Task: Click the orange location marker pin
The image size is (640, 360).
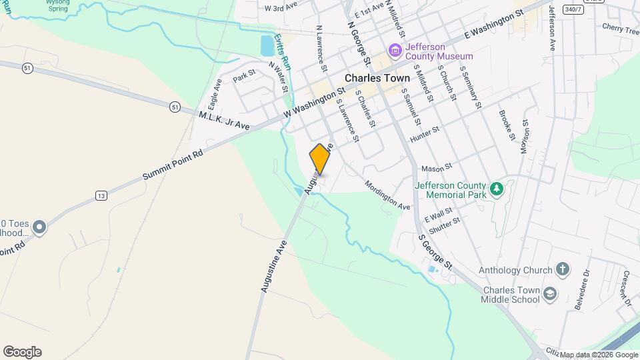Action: [x=320, y=159]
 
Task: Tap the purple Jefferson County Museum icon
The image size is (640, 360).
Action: [x=395, y=50]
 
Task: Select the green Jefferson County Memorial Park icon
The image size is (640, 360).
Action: [x=496, y=190]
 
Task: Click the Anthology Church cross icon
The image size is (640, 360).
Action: [x=563, y=270]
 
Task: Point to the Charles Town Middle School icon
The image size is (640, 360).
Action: [x=550, y=294]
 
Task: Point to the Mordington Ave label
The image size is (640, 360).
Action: [x=387, y=195]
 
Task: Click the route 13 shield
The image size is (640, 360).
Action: [x=101, y=195]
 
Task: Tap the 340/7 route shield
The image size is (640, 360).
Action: [x=572, y=9]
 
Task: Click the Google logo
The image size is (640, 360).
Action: [x=21, y=352]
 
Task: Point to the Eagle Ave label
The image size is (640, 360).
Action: [x=215, y=95]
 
